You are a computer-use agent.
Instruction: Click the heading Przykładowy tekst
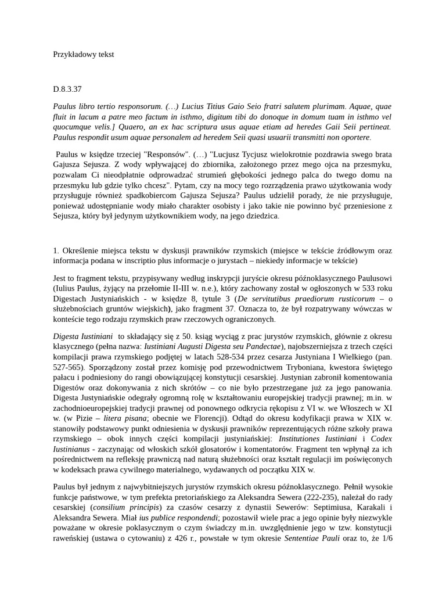[x=83, y=54]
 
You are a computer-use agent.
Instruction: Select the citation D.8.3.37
[x=67, y=89]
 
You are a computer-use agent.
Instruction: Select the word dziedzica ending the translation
[x=260, y=216]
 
